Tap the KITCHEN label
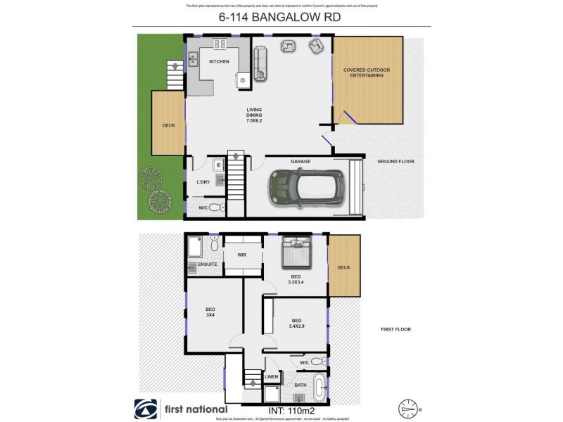pyautogui.click(x=219, y=62)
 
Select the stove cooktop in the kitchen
pyautogui.click(x=220, y=44)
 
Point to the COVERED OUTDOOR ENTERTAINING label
pyautogui.click(x=367, y=73)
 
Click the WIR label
pyautogui.click(x=241, y=255)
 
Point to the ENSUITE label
pyautogui.click(x=207, y=264)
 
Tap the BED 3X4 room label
pyautogui.click(x=210, y=312)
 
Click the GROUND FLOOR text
pyautogui.click(x=396, y=162)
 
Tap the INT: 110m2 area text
pyautogui.click(x=296, y=408)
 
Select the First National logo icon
pyautogui.click(x=146, y=409)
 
